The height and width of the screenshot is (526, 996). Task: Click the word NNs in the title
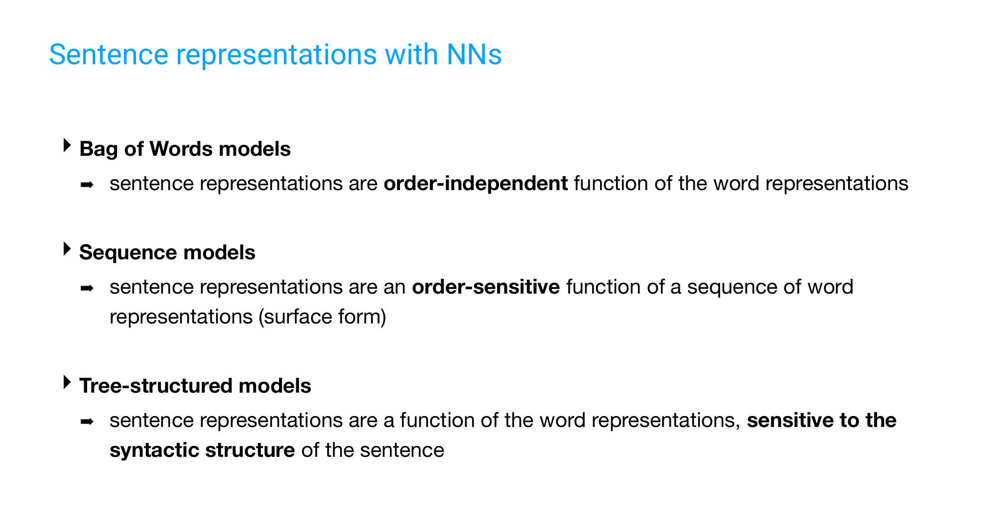coord(474,55)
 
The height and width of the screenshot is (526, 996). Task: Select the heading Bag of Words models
coord(185,149)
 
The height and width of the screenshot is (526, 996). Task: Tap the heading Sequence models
coord(167,253)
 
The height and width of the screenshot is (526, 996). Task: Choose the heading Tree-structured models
coord(195,386)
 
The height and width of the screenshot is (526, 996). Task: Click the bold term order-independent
coord(476,184)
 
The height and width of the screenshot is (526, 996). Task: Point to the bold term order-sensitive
coord(486,287)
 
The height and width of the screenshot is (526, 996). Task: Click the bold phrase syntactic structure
coord(202,450)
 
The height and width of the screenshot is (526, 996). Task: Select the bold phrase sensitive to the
coord(822,421)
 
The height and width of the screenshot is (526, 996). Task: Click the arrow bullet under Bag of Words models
coord(87,185)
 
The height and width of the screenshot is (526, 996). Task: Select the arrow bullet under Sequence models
coord(87,289)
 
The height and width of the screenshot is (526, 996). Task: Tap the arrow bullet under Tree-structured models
coord(87,422)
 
